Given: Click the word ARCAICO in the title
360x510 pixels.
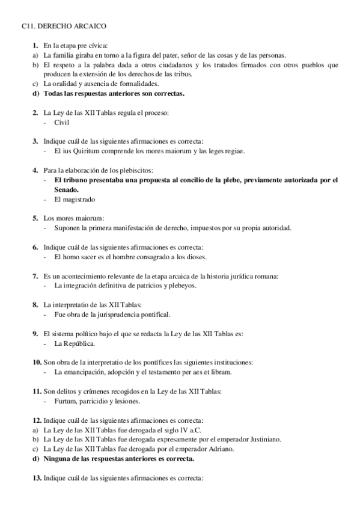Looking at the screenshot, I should (88, 26).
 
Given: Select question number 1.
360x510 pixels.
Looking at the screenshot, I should (35, 46).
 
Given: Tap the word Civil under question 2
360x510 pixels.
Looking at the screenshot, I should (62, 122).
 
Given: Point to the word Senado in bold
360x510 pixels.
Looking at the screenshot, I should (66, 189).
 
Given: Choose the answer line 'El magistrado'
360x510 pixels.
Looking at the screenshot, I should (75, 199).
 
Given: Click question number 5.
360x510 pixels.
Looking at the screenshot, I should (35, 218).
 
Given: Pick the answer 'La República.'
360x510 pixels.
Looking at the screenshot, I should (74, 343).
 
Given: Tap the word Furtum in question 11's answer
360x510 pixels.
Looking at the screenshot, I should (65, 401).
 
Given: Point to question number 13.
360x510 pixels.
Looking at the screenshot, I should (37, 478).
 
